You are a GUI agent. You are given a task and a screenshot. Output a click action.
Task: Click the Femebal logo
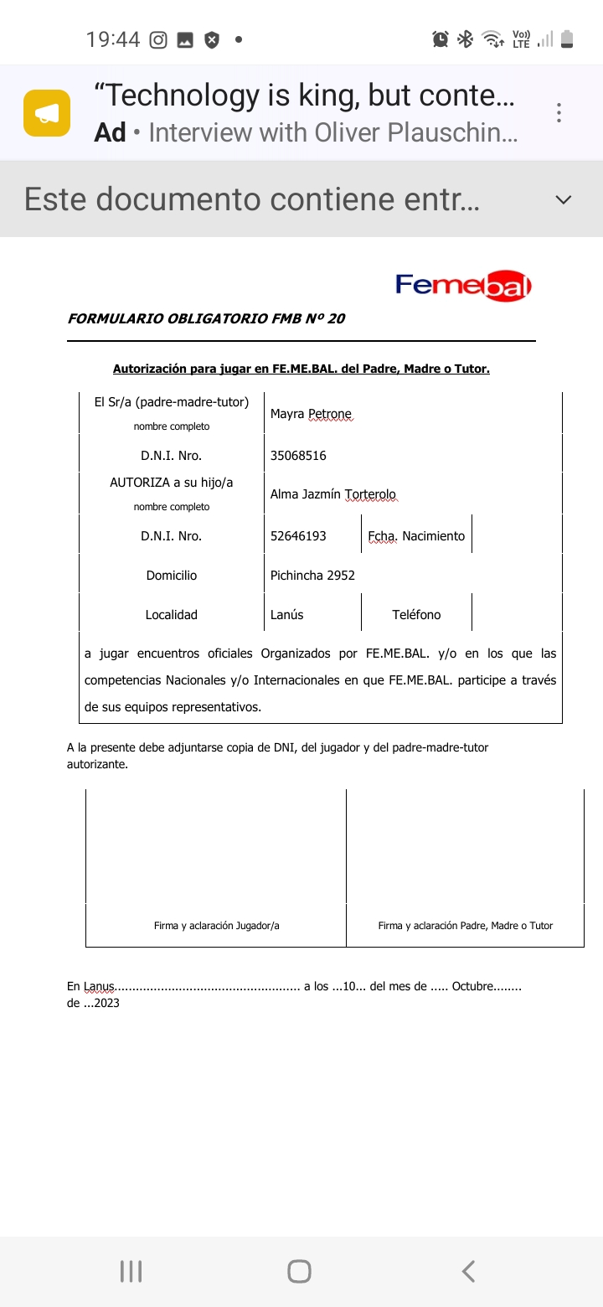[x=463, y=286]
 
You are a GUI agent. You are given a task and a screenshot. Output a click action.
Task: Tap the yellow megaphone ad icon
[x=47, y=113]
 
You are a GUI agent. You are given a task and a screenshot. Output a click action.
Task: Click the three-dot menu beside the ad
[x=559, y=113]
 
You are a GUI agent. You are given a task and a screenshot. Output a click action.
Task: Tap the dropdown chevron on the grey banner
[x=564, y=199]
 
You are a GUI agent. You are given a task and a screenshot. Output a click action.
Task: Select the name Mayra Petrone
[x=311, y=414]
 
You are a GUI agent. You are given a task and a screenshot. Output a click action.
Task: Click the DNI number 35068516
[x=298, y=456]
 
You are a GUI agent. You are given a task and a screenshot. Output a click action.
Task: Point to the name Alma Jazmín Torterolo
[x=332, y=494]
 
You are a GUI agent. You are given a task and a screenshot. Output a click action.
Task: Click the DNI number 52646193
[x=298, y=536]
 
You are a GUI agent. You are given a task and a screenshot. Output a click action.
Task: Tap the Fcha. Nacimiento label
[x=416, y=536]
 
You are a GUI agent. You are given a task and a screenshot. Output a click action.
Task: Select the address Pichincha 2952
[x=312, y=576]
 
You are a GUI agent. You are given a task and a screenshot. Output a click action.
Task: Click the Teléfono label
[x=416, y=615]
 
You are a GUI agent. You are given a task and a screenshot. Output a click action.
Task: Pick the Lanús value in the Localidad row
[x=286, y=615]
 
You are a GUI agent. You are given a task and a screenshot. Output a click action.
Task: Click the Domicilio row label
[x=171, y=576]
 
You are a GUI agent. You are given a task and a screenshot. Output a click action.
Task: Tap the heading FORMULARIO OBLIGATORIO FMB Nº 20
[x=206, y=318]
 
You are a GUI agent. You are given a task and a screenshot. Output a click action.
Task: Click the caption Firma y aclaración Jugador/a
[x=216, y=926]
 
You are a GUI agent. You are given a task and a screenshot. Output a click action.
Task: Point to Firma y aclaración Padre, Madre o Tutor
[x=465, y=926]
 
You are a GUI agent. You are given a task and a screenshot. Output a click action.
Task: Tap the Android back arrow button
[x=468, y=1271]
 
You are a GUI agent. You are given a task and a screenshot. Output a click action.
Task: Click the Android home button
[x=299, y=1271]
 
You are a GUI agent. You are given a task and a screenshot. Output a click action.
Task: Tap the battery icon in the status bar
[x=567, y=39]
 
